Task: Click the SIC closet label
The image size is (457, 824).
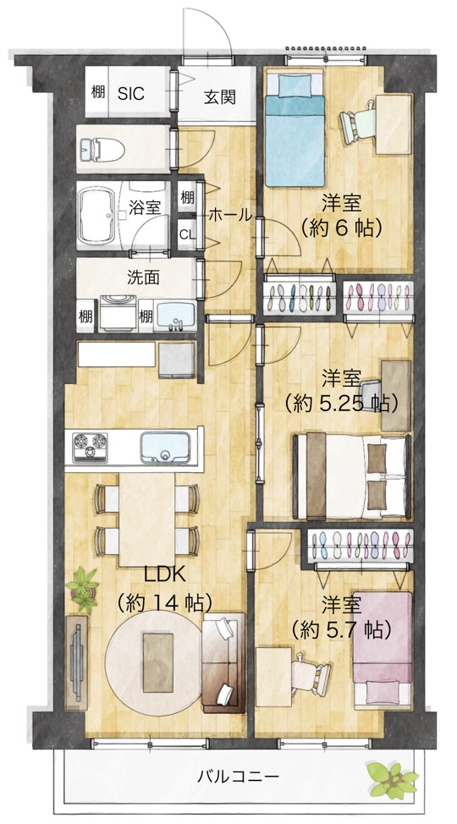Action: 130,94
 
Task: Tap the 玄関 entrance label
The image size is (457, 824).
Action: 220,98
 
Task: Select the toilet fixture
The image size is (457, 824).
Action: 102,150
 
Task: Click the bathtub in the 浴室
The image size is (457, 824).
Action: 96,216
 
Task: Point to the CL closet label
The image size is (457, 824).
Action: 186,234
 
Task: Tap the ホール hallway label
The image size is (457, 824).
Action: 231,215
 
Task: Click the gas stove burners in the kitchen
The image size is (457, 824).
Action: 90,448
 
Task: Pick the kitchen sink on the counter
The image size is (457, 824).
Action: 164,448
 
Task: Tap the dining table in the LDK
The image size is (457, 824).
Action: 146,519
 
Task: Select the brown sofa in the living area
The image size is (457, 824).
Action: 223,662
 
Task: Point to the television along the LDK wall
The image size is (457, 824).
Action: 76,662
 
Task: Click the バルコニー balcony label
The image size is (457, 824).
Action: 238,776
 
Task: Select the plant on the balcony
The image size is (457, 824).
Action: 392,779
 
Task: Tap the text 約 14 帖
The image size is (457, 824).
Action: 164,602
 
